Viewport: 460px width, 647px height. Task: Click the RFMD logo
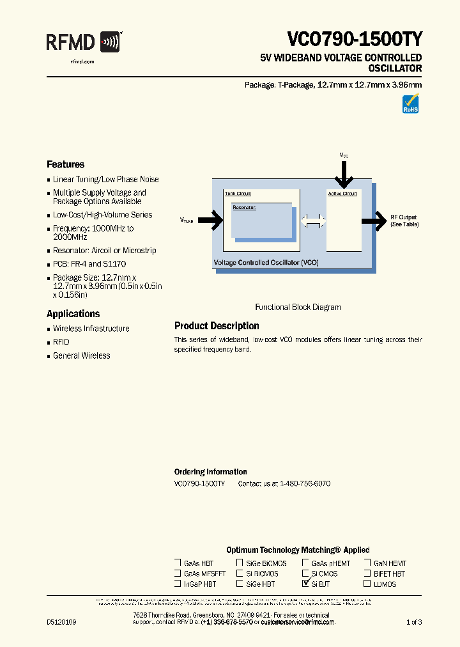click(83, 43)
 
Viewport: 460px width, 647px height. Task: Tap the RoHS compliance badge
click(410, 104)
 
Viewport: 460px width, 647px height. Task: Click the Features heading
click(65, 164)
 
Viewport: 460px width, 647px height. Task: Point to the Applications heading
click(73, 314)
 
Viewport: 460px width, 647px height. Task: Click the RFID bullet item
click(61, 342)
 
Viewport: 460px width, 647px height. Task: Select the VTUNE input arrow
click(211, 221)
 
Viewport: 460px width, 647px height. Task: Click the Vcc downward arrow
click(344, 172)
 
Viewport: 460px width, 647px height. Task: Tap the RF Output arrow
click(374, 221)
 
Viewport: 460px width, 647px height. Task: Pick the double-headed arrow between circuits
click(313, 221)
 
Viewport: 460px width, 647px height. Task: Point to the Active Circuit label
click(342, 194)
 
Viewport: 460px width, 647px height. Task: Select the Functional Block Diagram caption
click(298, 307)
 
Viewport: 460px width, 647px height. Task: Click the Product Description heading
click(217, 326)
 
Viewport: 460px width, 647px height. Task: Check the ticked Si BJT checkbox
click(305, 583)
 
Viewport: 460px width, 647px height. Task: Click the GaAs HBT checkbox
click(178, 563)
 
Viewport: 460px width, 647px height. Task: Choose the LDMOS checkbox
click(367, 583)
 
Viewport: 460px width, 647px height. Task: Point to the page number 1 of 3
click(414, 622)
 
